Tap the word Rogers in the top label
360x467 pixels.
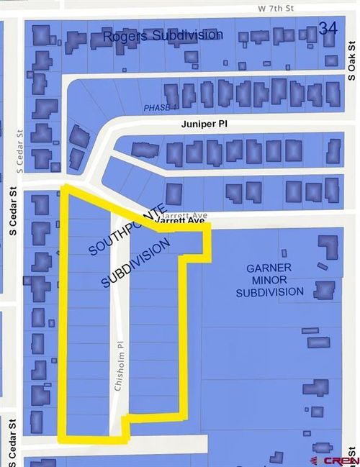point(125,35)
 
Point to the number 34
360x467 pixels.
point(328,28)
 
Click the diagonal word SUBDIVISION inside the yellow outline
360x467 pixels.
point(136,263)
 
